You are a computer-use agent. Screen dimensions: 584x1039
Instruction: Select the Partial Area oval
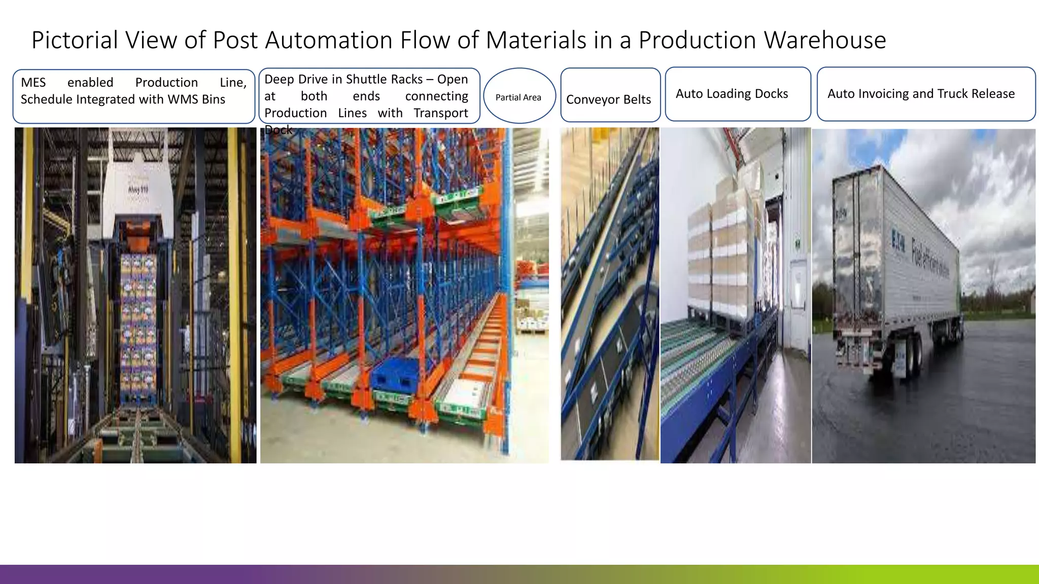[x=518, y=97]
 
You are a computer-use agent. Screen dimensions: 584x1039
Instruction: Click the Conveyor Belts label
[x=608, y=99]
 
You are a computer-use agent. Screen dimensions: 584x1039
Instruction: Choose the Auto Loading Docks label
[x=732, y=94]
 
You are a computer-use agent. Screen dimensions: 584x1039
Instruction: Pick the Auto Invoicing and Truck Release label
[x=921, y=94]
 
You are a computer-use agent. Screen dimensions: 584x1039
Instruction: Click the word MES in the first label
[x=33, y=83]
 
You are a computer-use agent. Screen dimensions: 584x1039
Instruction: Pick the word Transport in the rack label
[x=440, y=113]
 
